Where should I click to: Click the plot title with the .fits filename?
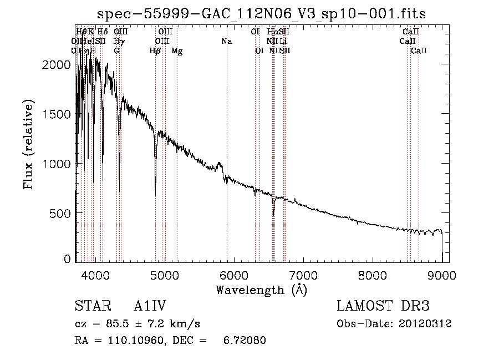[x=261, y=14]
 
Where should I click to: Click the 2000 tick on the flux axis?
[x=55, y=65]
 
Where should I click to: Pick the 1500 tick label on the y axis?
[x=55, y=114]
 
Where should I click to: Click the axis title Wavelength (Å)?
[x=261, y=290]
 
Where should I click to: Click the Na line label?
[x=226, y=42]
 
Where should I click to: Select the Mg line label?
[x=177, y=51]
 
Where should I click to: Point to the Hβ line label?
[x=155, y=51]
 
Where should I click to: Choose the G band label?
[x=116, y=51]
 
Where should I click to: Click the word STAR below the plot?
[x=91, y=307]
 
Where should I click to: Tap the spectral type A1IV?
[x=151, y=307]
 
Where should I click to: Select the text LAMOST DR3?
[x=383, y=307]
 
